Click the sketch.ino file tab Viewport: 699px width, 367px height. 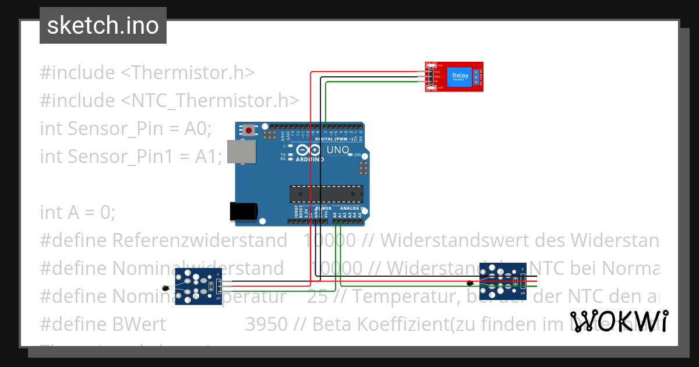pyautogui.click(x=103, y=26)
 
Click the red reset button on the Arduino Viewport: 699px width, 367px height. pyautogui.click(x=250, y=130)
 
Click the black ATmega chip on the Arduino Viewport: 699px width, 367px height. pyautogui.click(x=326, y=194)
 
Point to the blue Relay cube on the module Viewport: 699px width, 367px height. pyautogui.click(x=460, y=76)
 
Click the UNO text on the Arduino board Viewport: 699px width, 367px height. pyautogui.click(x=338, y=150)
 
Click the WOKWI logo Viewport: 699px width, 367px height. pyautogui.click(x=619, y=321)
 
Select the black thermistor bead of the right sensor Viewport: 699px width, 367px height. pyautogui.click(x=470, y=284)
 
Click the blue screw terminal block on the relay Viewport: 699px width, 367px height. pyautogui.click(x=476, y=77)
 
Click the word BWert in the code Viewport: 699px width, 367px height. pyautogui.click(x=139, y=324)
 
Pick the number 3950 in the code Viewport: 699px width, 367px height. pyautogui.click(x=266, y=324)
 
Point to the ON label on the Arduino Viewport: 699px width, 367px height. pyautogui.click(x=358, y=155)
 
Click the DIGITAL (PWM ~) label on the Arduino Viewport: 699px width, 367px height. pyautogui.click(x=334, y=139)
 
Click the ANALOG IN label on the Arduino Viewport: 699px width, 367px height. pyautogui.click(x=352, y=209)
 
